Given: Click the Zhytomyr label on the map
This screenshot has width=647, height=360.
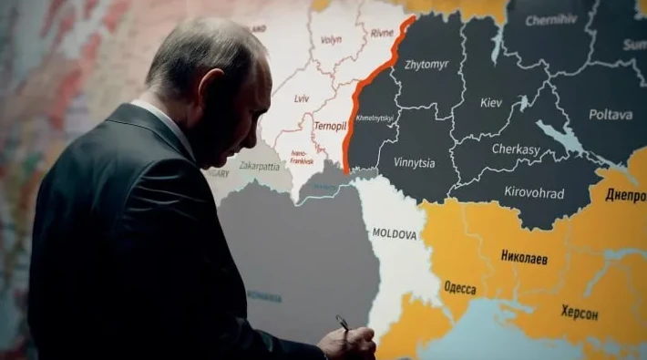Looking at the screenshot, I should click(427, 66).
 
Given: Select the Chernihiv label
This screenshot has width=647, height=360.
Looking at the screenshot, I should click(550, 19).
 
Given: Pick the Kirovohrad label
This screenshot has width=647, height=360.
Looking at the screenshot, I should click(534, 192).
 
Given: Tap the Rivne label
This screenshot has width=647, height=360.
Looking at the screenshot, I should click(382, 33).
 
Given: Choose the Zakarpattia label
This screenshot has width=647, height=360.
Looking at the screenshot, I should click(260, 167).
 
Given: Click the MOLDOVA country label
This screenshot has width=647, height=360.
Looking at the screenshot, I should click(395, 234).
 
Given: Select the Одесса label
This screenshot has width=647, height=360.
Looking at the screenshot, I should click(459, 288).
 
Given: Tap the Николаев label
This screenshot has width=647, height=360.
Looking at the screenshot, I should click(524, 257).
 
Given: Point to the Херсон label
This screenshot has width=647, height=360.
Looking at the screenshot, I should click(580, 313).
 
